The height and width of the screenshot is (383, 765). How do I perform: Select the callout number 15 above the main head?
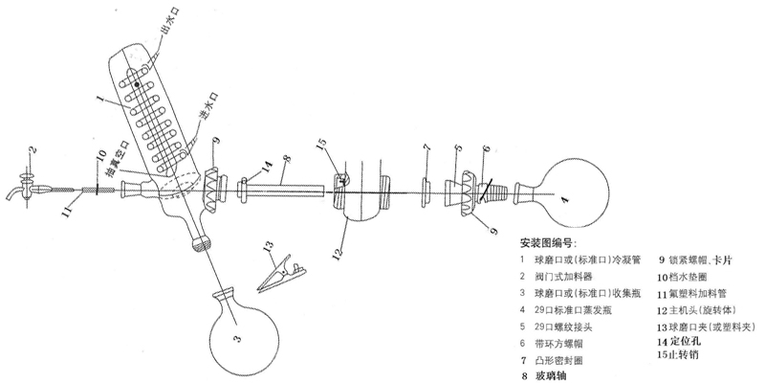[321, 144]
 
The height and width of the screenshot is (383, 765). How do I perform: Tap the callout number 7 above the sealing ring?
[427, 151]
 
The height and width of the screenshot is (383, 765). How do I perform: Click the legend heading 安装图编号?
[552, 241]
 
